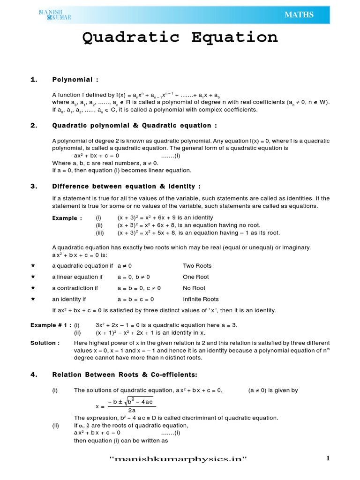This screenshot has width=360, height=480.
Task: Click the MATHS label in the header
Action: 299,15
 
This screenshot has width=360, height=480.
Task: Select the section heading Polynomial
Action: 75,80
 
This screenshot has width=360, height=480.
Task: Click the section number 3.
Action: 33,186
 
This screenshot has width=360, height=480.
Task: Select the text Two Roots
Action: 197,266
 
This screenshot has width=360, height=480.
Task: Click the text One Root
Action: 196,277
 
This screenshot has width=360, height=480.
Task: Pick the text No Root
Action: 194,288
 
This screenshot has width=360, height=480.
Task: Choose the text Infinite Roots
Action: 201,299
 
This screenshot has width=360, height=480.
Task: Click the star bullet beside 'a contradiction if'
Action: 33,288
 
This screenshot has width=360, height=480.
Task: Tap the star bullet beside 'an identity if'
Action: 33,299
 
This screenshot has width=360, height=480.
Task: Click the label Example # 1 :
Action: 51,325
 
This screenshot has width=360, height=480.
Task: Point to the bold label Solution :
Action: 45,343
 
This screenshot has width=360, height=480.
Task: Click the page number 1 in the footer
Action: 328,459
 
